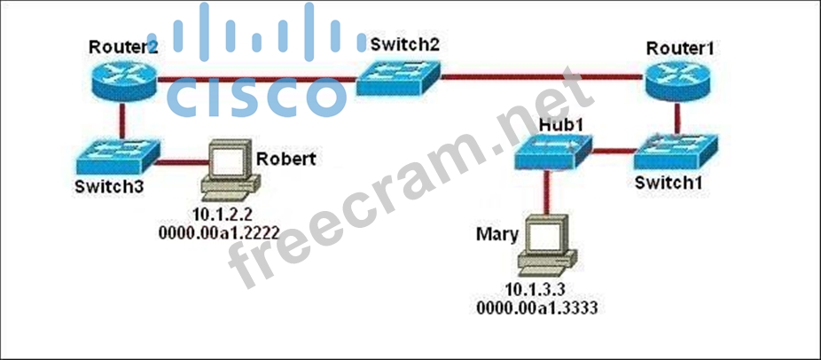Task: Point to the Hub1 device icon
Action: click(x=552, y=152)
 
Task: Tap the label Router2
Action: click(x=121, y=46)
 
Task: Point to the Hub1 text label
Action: click(x=559, y=126)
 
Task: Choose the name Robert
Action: click(x=285, y=159)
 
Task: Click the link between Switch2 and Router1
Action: click(x=541, y=78)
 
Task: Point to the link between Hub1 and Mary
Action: click(x=546, y=191)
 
